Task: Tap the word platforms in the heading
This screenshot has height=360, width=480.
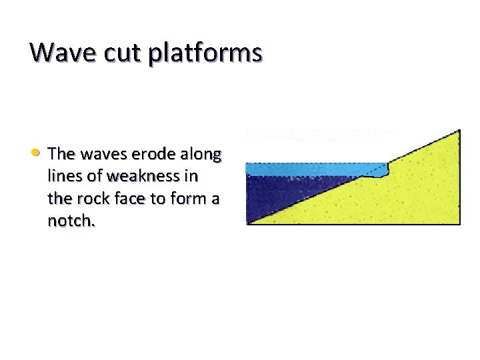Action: tap(206, 53)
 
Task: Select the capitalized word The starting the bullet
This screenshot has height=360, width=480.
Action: tap(61, 154)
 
